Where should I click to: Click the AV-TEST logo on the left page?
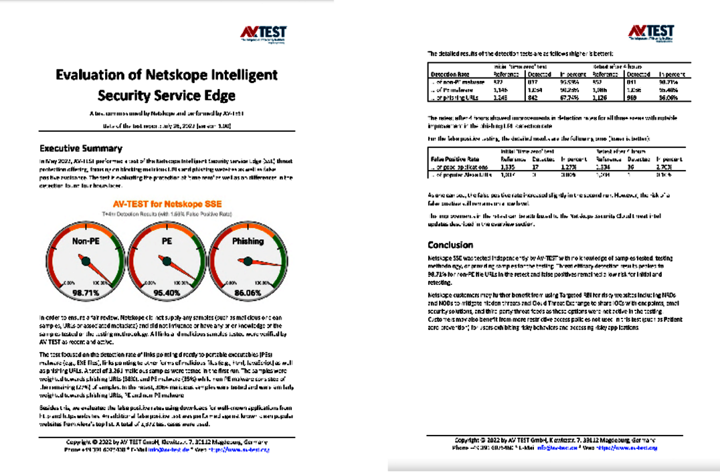(264, 34)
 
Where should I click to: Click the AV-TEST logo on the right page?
(650, 33)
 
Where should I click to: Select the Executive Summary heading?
(80, 149)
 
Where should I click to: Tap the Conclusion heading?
(450, 245)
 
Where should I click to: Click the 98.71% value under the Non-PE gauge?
(85, 292)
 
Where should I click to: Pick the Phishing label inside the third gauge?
(248, 241)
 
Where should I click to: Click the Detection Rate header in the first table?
(449, 75)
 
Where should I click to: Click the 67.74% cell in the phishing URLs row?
(569, 98)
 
